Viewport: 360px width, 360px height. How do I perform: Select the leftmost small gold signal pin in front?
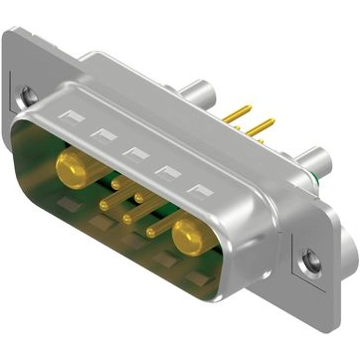[104, 205]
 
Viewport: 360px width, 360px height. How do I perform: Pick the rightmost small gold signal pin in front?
[151, 232]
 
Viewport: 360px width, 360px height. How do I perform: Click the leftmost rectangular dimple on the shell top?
[69, 117]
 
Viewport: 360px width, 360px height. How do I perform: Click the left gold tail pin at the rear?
[236, 114]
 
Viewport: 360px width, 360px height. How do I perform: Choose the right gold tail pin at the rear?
[261, 126]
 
